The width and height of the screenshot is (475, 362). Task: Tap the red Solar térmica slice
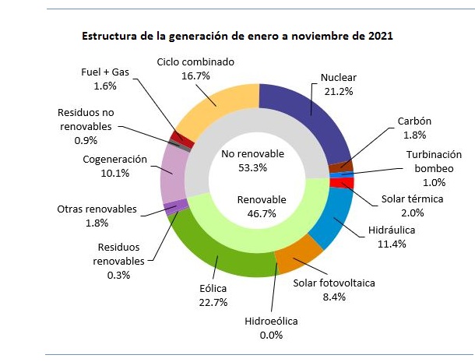point(346,184)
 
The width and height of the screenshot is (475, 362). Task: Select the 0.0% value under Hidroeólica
point(271,335)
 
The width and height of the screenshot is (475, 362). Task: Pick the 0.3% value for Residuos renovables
point(118,274)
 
